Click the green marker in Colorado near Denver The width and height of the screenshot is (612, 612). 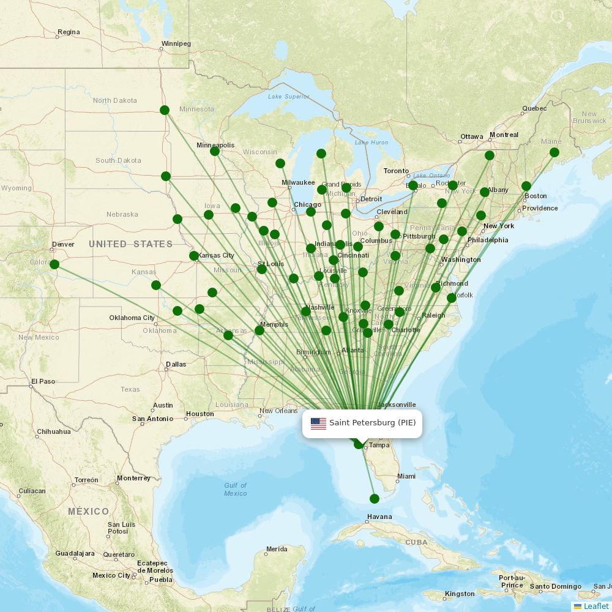point(54,264)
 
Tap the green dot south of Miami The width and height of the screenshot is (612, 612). point(375,499)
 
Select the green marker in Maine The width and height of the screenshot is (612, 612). point(554,152)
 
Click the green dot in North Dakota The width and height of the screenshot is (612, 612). point(164,110)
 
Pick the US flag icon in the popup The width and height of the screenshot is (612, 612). point(318,423)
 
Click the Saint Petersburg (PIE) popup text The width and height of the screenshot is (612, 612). point(372,423)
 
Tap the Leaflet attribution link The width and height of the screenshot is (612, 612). point(595,606)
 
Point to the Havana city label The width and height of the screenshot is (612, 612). point(379,517)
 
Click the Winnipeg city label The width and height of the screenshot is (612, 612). point(176,44)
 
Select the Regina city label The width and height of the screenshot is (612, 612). point(68,32)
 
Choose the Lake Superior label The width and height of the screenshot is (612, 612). point(289,97)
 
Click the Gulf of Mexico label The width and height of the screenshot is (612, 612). point(235,490)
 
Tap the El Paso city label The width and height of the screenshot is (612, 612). point(43,381)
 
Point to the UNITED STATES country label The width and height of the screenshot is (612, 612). point(130,244)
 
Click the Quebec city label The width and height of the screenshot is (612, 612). point(534,109)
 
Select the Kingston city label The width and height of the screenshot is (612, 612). point(459,594)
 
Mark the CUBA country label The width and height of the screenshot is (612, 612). point(416,542)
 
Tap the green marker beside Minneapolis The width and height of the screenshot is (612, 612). point(215,151)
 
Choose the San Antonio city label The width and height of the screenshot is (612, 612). point(152,419)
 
